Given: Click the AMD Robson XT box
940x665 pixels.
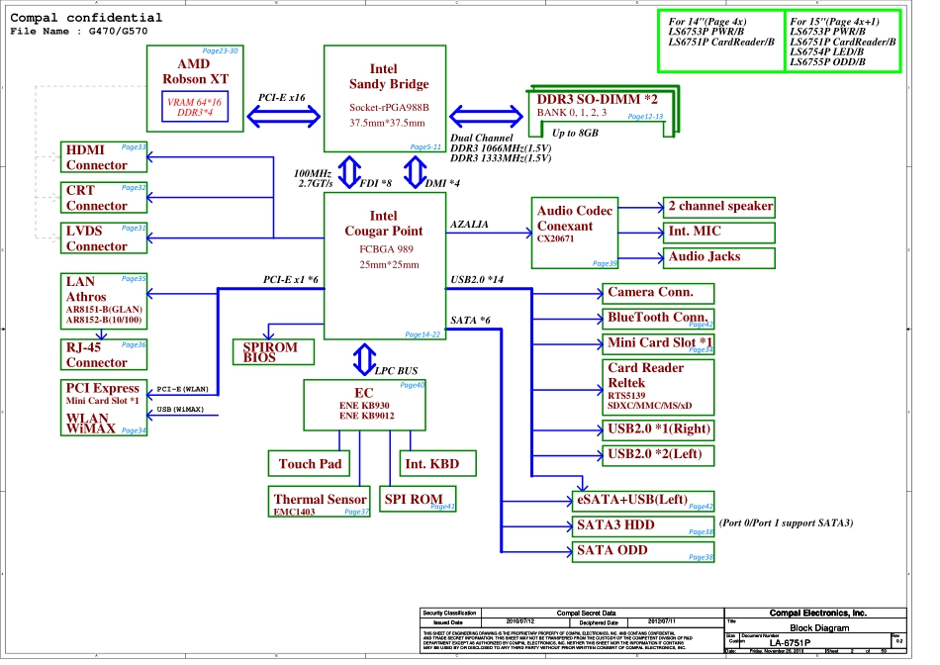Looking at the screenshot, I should (194, 88).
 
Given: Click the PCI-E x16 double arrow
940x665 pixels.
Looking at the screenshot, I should (282, 116).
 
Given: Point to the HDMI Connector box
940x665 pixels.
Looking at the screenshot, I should (103, 157).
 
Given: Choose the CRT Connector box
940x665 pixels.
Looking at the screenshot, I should (103, 198).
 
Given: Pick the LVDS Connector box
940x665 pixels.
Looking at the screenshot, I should (103, 238).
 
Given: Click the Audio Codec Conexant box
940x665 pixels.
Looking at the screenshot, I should (575, 233).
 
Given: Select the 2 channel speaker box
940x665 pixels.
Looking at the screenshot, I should (719, 207).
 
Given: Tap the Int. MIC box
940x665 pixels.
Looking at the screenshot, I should (719, 233).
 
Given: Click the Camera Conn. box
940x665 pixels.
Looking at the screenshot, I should (657, 293).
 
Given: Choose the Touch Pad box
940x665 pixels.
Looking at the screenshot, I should (310, 463).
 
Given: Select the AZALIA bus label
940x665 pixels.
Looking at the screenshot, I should (469, 225).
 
